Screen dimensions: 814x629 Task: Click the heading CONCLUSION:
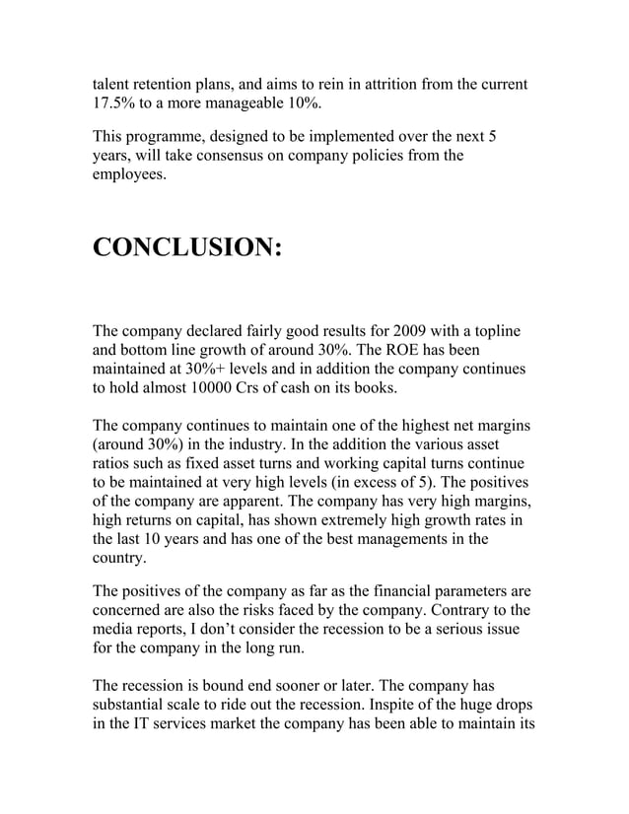click(187, 246)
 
